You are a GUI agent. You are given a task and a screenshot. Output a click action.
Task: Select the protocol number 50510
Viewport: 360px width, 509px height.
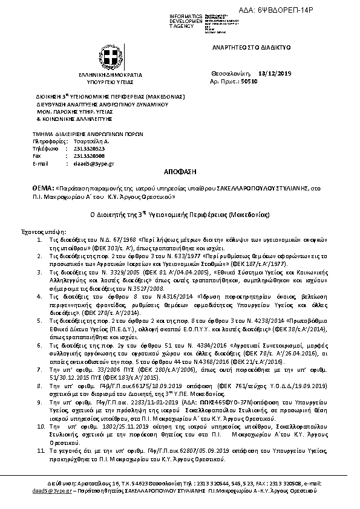click(249, 80)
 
